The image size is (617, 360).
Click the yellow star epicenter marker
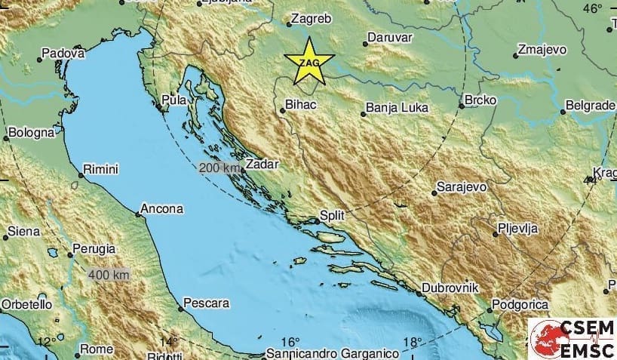click(x=308, y=60)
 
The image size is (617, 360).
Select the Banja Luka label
click(x=396, y=107)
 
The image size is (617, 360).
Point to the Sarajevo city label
click(x=462, y=186)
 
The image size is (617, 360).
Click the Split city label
click(x=333, y=215)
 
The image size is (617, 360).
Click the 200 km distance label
click(x=216, y=168)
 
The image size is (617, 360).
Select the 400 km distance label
click(x=109, y=275)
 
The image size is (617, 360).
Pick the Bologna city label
click(x=32, y=133)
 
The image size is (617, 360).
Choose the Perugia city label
click(x=94, y=248)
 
